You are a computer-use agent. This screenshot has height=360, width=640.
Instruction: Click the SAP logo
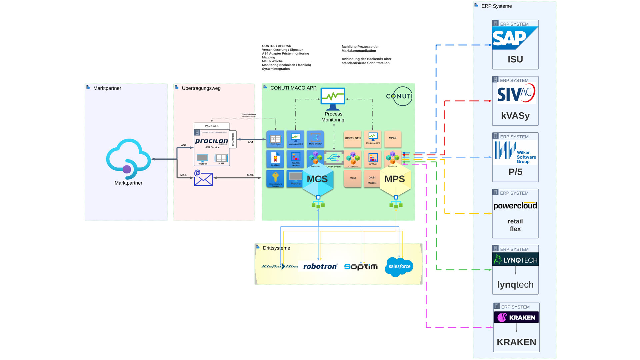click(515, 38)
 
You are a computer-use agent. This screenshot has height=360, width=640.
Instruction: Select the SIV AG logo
click(516, 93)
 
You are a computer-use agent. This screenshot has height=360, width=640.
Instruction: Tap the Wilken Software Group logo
click(515, 152)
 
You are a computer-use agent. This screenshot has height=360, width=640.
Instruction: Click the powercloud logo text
click(515, 206)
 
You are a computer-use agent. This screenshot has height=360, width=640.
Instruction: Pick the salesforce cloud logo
click(399, 267)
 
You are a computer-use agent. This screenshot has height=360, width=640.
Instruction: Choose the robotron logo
click(320, 266)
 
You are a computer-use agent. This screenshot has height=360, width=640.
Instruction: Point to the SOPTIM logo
click(361, 267)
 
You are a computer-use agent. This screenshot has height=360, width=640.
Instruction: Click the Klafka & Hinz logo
click(280, 266)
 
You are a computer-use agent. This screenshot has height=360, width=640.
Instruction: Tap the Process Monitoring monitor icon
click(333, 99)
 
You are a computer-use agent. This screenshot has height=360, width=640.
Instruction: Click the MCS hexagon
click(317, 180)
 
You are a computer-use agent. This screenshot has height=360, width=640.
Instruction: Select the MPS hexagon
click(395, 180)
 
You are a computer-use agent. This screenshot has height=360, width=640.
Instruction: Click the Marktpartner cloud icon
click(128, 159)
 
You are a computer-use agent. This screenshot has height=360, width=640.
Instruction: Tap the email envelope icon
click(203, 178)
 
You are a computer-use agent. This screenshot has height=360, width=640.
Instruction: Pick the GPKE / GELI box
click(353, 139)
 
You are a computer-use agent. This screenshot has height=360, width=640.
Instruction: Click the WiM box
click(353, 179)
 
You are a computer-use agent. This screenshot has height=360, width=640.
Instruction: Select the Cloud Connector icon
click(334, 158)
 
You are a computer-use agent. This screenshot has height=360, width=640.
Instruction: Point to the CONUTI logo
click(399, 96)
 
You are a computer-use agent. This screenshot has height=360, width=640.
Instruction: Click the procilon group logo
click(211, 141)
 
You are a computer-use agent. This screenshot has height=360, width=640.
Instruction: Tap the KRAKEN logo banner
click(516, 317)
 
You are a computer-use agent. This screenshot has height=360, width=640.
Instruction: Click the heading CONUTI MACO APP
click(293, 88)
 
